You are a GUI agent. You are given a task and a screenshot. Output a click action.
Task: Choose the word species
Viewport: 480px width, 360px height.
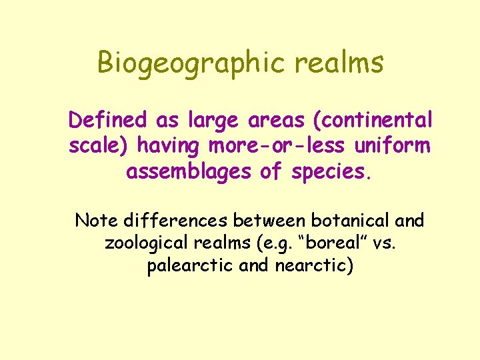(x=329, y=172)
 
